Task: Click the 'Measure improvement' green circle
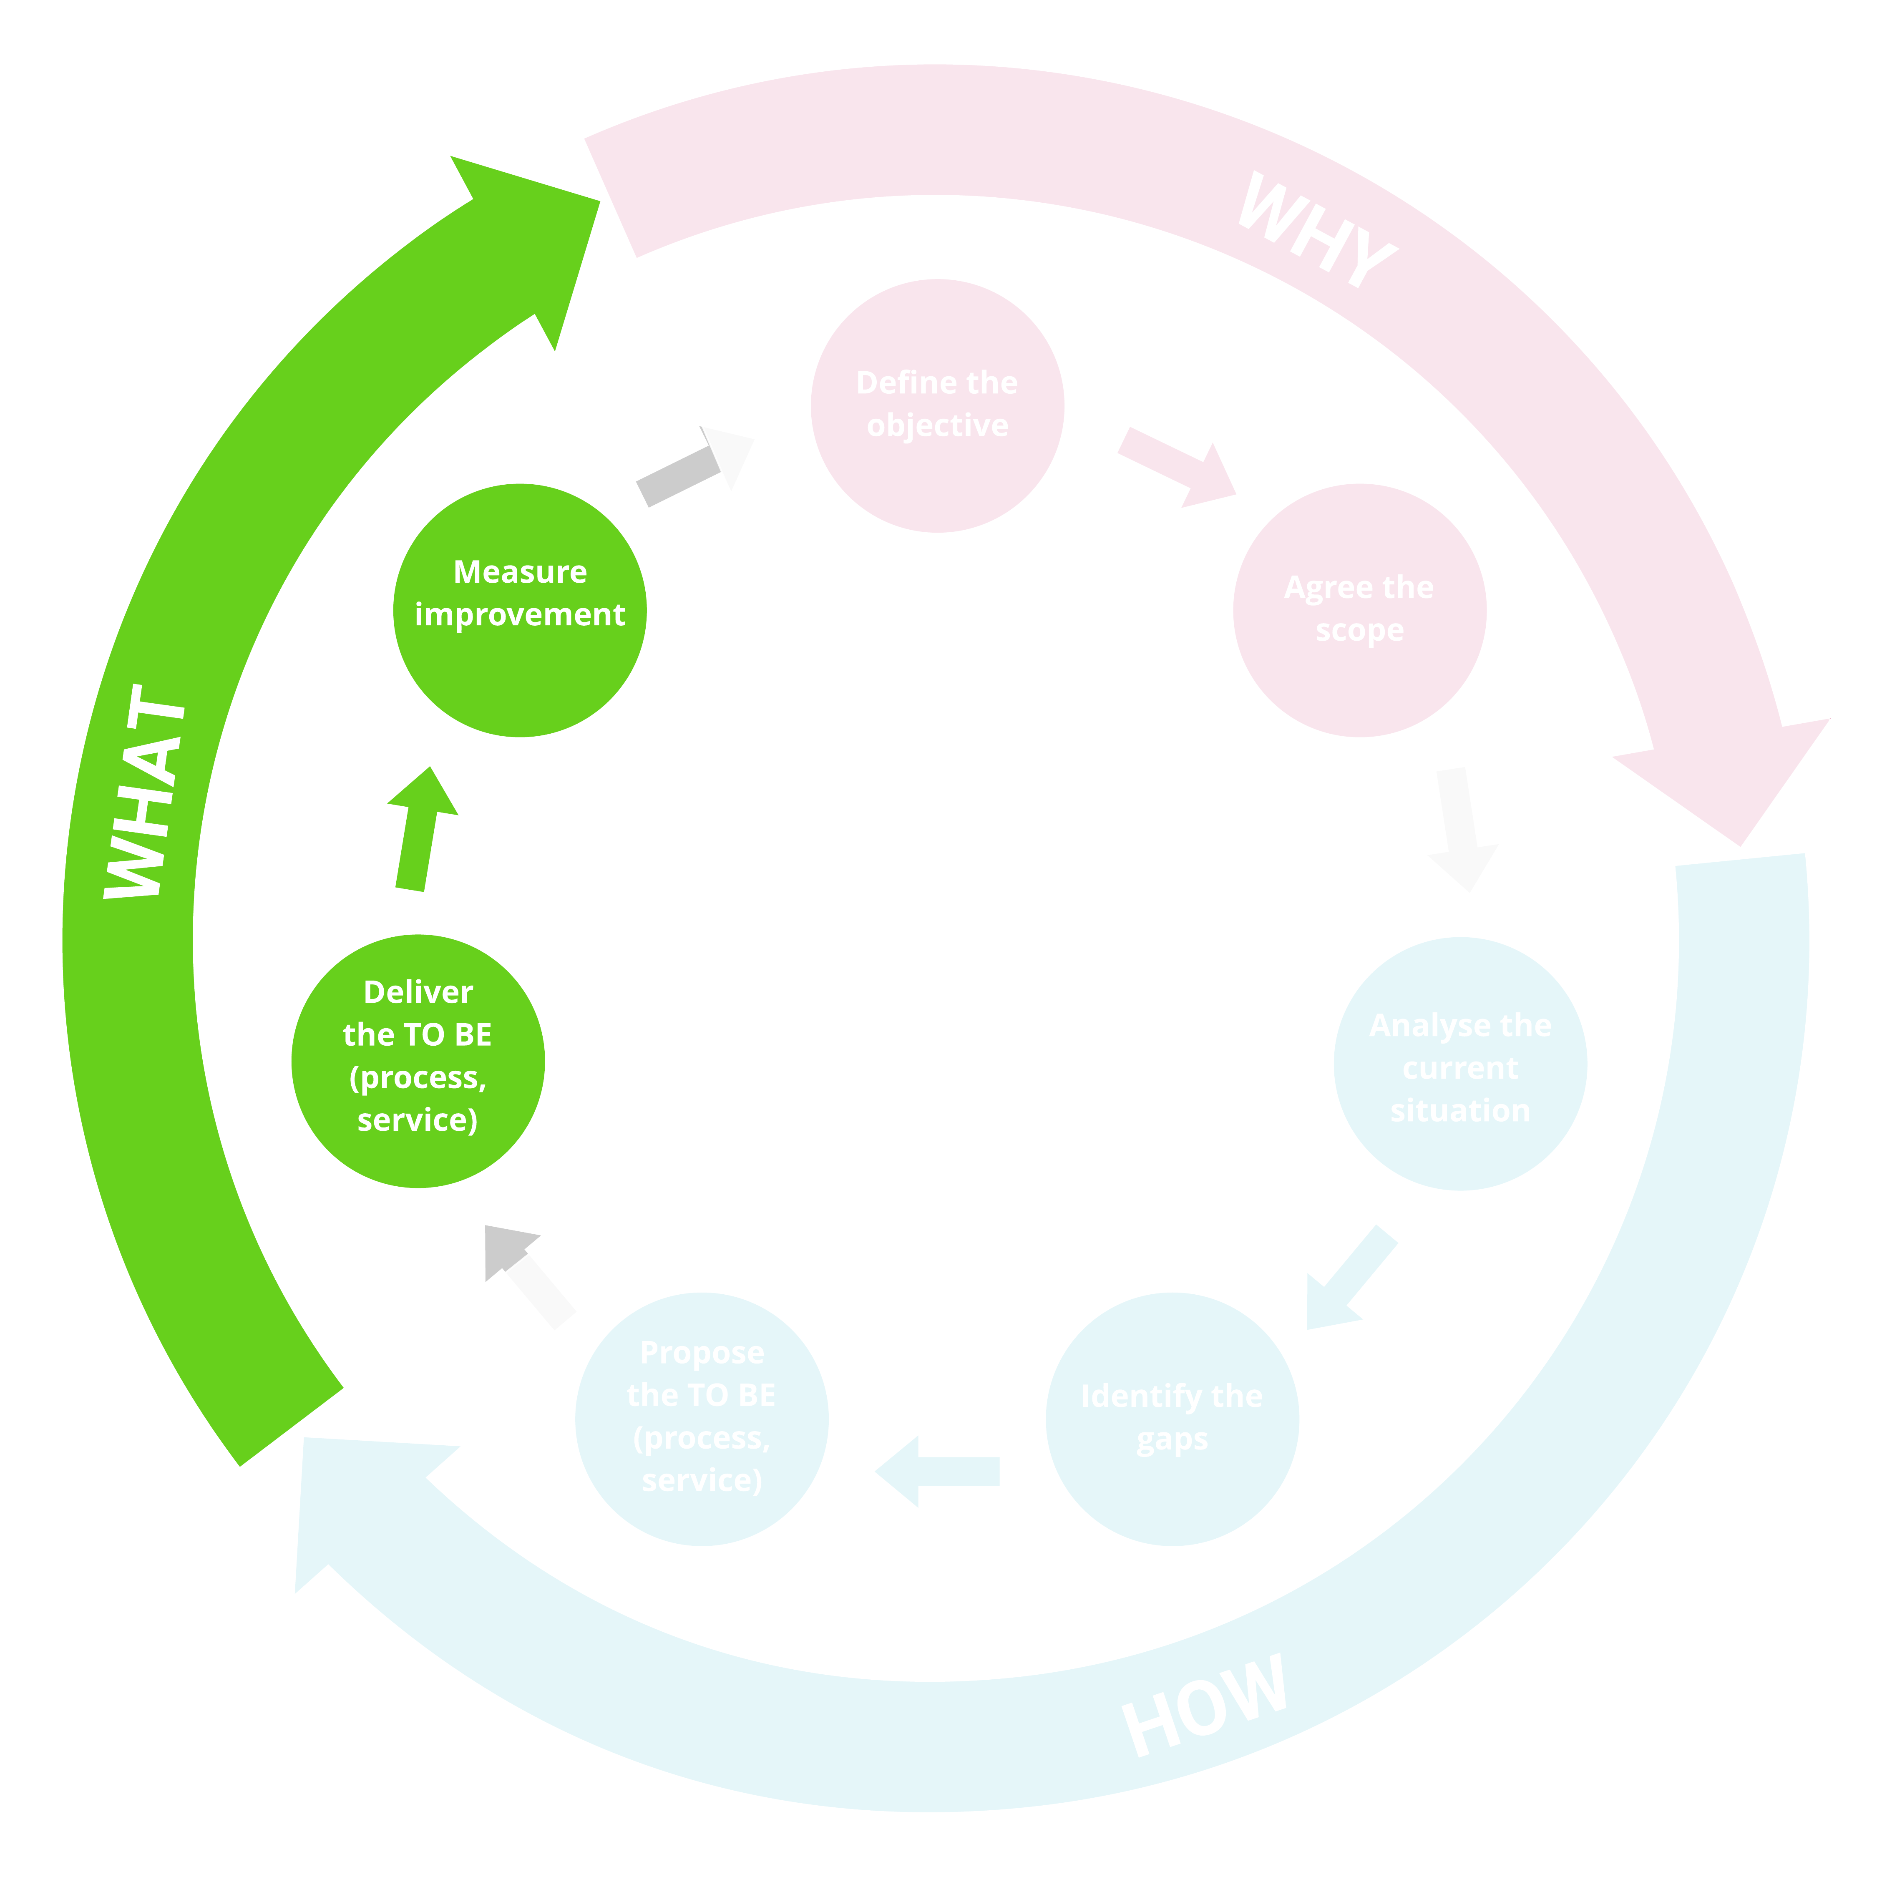click(x=520, y=610)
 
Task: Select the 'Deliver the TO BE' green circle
click(x=418, y=1061)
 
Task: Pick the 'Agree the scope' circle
click(x=1359, y=610)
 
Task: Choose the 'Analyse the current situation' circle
click(x=1460, y=1064)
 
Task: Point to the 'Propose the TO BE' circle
click(x=702, y=1419)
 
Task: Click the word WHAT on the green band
click(x=146, y=792)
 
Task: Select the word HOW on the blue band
click(x=1205, y=1705)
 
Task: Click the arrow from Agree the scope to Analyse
click(x=1460, y=826)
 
